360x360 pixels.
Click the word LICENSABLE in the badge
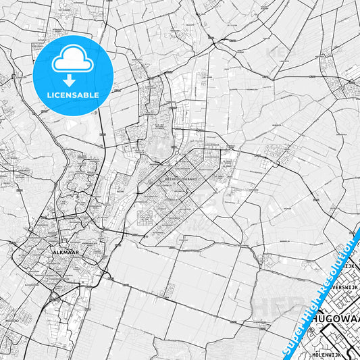coord(73,95)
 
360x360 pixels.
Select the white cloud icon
coord(73,59)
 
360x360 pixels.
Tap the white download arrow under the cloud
coord(73,76)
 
